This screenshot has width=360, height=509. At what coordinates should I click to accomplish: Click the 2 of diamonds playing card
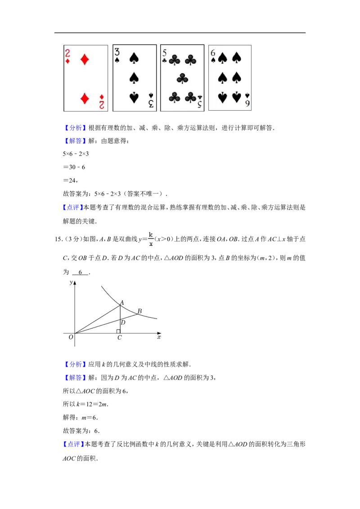[86, 78]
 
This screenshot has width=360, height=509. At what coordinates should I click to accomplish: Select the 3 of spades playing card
[135, 78]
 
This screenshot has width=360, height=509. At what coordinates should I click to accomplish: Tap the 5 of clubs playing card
[182, 78]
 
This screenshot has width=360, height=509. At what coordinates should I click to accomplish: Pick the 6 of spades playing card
[229, 78]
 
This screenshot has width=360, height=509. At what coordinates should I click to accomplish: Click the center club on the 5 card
[182, 78]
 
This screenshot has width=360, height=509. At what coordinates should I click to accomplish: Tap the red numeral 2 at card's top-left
[67, 53]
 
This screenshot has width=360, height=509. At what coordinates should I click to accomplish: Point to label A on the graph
[122, 303]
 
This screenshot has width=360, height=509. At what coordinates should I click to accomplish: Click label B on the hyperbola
[139, 311]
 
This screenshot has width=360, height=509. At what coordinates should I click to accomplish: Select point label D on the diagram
[123, 322]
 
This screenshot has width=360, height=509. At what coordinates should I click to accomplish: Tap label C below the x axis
[120, 338]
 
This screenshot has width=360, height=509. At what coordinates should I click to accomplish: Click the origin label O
[71, 337]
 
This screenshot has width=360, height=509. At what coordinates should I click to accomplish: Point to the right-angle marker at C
[118, 331]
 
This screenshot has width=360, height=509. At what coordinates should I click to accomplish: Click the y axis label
[71, 282]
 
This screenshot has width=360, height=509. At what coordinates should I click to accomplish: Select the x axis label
[159, 337]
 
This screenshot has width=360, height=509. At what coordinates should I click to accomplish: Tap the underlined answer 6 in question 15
[80, 272]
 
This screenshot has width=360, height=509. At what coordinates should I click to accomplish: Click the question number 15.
[58, 239]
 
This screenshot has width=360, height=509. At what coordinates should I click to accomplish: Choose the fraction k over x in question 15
[151, 239]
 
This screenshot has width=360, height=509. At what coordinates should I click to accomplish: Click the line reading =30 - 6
[74, 167]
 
